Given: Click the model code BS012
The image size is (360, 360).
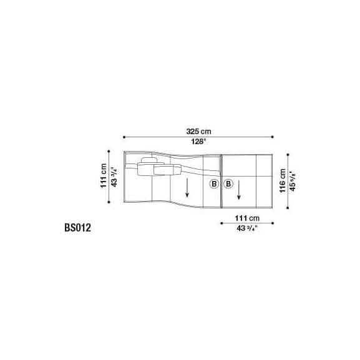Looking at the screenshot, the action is click(77, 228).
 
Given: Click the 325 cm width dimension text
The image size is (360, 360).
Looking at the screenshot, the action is click(198, 132).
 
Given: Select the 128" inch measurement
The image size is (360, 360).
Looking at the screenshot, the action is click(198, 142).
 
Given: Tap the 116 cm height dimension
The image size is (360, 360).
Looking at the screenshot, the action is click(283, 181).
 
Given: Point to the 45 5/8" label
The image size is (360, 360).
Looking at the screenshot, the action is click(293, 181).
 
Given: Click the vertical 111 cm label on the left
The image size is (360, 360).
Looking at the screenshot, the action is click(104, 176).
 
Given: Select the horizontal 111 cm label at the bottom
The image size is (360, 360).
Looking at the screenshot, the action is click(247, 218).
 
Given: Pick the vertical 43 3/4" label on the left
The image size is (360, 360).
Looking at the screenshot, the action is click(114, 177).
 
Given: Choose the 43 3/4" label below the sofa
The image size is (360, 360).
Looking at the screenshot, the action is click(247, 228).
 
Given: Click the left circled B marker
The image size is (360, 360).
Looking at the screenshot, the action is click(214, 184).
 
